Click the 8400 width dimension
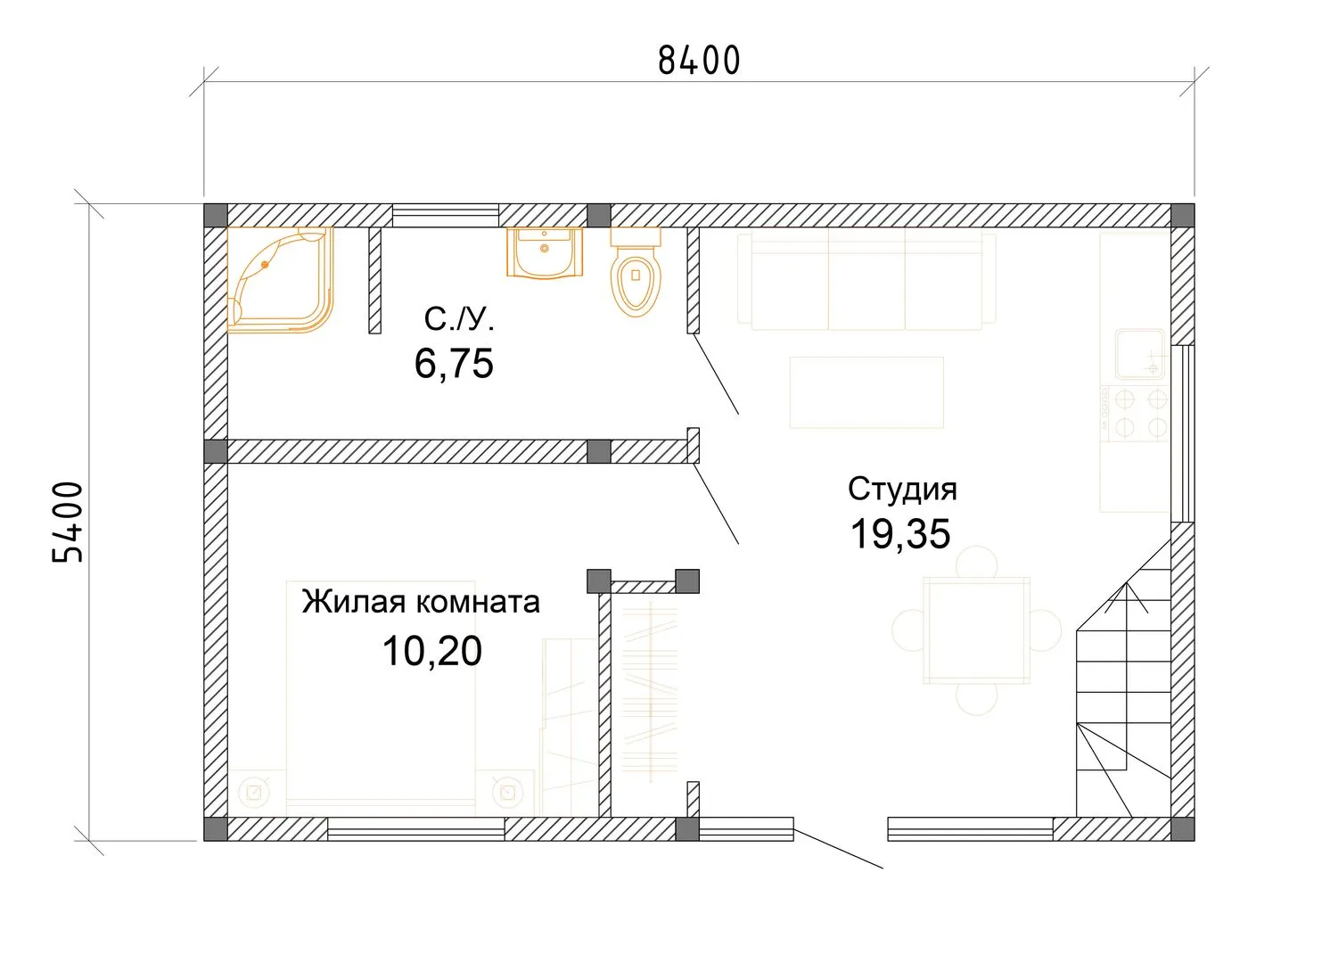click(699, 61)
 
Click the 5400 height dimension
click(68, 522)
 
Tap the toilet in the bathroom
click(636, 272)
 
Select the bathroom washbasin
click(545, 252)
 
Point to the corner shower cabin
click(280, 280)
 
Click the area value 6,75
click(454, 364)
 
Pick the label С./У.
click(458, 319)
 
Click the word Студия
click(902, 490)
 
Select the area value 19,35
click(900, 534)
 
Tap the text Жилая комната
click(421, 602)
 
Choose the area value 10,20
click(432, 651)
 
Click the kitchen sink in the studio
click(1139, 354)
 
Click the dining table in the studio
click(977, 630)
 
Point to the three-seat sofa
click(867, 279)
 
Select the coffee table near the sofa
click(866, 392)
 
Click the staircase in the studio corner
click(1123, 679)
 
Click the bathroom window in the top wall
click(446, 216)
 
